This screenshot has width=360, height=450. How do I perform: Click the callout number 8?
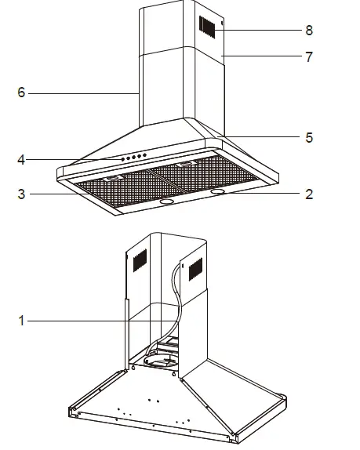tap(309, 31)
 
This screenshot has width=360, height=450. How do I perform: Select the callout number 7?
tap(309, 57)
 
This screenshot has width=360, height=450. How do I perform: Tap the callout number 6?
tap(21, 93)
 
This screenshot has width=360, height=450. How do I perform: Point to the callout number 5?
tap(309, 137)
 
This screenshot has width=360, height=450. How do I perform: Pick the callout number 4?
tap(21, 160)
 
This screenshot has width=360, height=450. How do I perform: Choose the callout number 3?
tap(21, 194)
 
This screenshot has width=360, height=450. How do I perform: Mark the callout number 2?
tap(309, 194)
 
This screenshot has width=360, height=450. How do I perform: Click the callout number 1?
tap(21, 320)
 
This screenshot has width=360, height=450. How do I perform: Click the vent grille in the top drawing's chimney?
tap(206, 27)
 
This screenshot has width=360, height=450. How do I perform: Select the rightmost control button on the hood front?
tap(145, 155)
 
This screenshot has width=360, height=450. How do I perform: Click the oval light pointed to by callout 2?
tap(220, 191)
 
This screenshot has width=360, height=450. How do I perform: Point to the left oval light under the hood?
tap(167, 201)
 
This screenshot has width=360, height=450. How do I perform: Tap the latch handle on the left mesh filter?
tap(115, 179)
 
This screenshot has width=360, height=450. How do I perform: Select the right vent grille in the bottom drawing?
tap(193, 270)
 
